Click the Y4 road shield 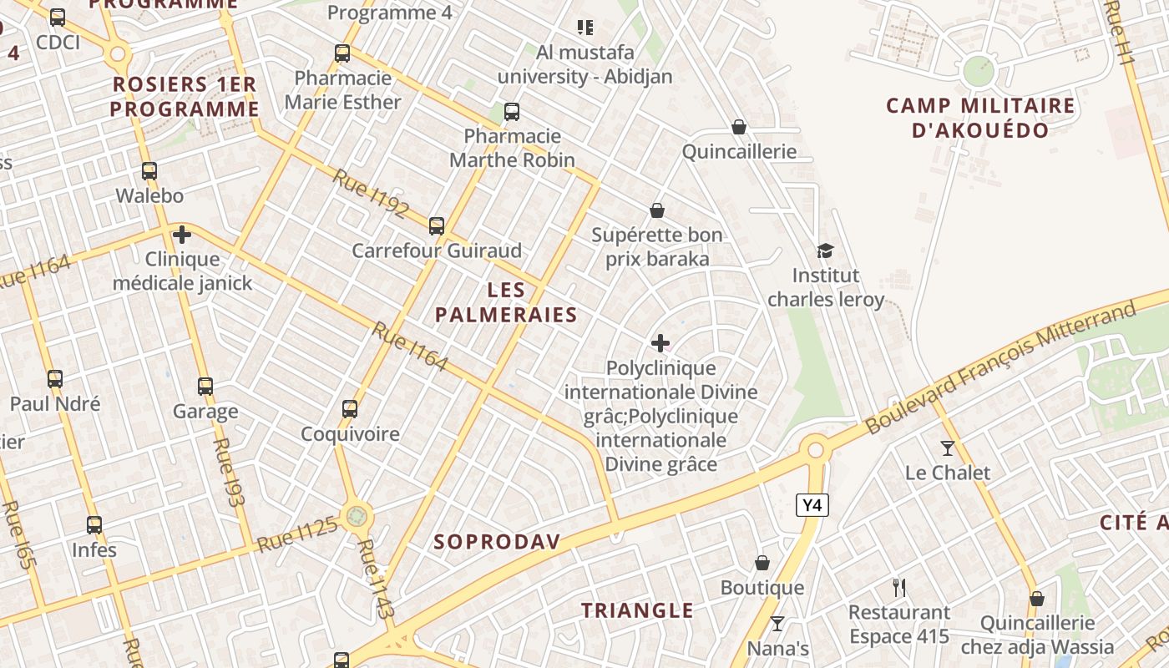pyautogui.click(x=812, y=505)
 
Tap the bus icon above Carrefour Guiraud pyautogui.click(x=436, y=225)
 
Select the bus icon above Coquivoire pyautogui.click(x=350, y=409)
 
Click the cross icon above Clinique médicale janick pyautogui.click(x=181, y=235)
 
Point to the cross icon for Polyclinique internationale pyautogui.click(x=660, y=343)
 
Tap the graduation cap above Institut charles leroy pyautogui.click(x=825, y=250)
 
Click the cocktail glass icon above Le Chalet pyautogui.click(x=947, y=448)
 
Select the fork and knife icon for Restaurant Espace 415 pyautogui.click(x=899, y=588)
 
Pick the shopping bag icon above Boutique pyautogui.click(x=762, y=563)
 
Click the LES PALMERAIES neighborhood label pyautogui.click(x=506, y=302)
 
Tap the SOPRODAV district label pyautogui.click(x=497, y=541)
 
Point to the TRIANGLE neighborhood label pyautogui.click(x=637, y=610)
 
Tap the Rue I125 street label pyautogui.click(x=297, y=534)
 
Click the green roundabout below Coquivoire pyautogui.click(x=357, y=516)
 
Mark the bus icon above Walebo pyautogui.click(x=149, y=171)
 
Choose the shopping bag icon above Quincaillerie pyautogui.click(x=738, y=127)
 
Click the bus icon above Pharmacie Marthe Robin pyautogui.click(x=511, y=111)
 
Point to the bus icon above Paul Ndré pyautogui.click(x=55, y=379)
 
